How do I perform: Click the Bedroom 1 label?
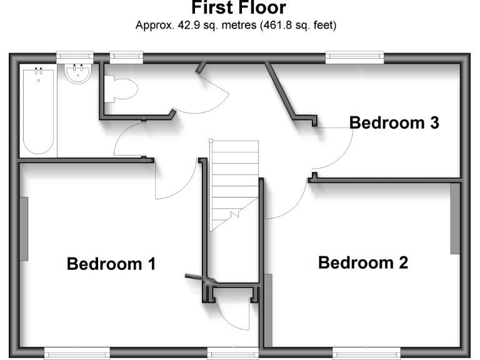[111, 264]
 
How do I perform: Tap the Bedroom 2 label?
[363, 262]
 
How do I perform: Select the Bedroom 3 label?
[394, 122]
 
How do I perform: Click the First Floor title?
[239, 9]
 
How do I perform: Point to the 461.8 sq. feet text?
[294, 26]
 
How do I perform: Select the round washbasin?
[78, 76]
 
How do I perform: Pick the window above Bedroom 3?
[355, 57]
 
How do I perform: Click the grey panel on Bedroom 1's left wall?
[24, 229]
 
